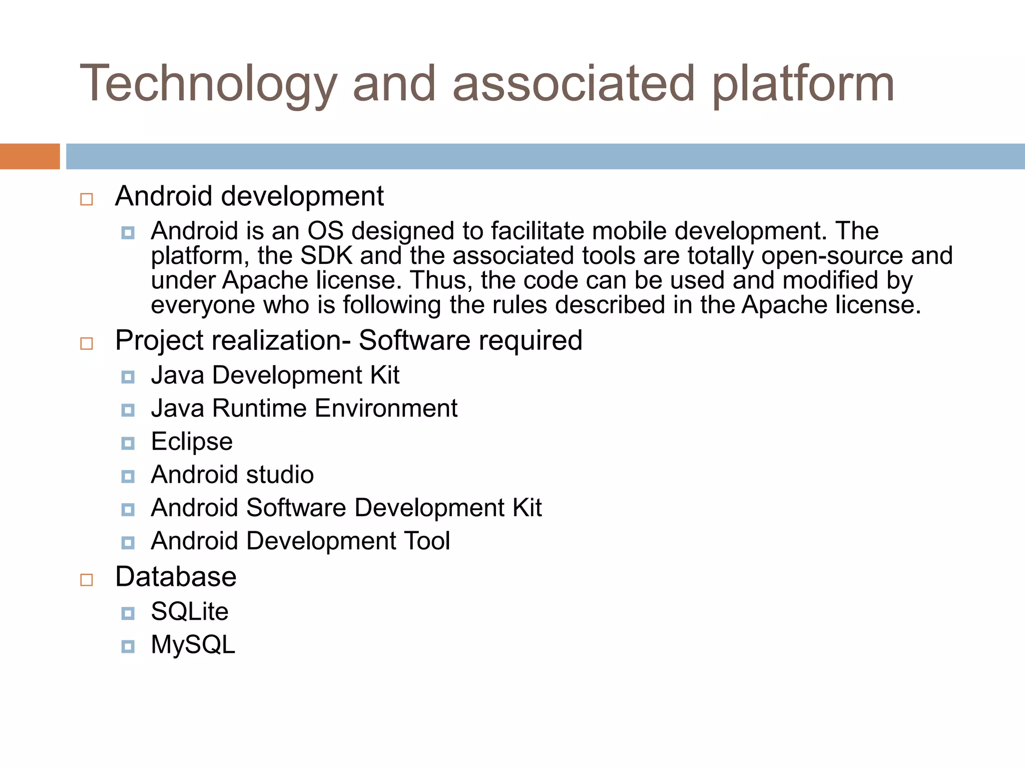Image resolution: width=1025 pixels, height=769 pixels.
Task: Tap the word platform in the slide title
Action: click(803, 84)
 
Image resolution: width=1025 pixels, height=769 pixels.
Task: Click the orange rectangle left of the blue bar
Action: click(30, 156)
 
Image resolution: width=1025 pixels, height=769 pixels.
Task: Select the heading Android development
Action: click(249, 196)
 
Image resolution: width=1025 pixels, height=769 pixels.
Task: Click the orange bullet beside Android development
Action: click(87, 199)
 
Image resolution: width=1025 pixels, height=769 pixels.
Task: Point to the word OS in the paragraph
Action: click(325, 231)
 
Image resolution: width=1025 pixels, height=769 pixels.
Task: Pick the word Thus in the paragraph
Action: click(441, 280)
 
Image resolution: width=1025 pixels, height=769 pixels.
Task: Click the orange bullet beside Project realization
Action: click(87, 343)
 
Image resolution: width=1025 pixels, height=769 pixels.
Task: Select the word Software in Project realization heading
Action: click(414, 340)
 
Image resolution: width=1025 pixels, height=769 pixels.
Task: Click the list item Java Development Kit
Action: click(275, 375)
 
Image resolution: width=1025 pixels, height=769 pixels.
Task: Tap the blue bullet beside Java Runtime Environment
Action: click(128, 411)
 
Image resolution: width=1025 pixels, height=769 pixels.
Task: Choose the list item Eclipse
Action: click(192, 442)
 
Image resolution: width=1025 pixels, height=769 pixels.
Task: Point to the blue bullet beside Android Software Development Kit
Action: click(128, 510)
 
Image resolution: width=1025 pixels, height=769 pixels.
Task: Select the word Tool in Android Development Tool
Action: click(426, 541)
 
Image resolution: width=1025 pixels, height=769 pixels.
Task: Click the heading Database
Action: click(176, 577)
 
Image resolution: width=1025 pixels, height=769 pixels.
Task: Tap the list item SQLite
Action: click(190, 611)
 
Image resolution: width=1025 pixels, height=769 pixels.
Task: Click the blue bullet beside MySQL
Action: click(128, 646)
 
